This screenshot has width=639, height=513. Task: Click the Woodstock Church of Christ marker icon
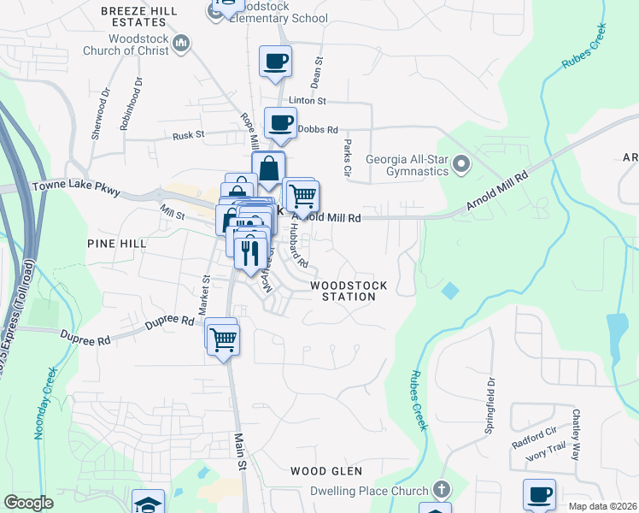[x=180, y=43]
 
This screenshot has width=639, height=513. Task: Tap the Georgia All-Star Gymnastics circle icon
[x=461, y=162]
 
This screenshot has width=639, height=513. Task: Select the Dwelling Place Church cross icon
[x=441, y=491]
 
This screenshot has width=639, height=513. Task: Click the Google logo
[x=28, y=503]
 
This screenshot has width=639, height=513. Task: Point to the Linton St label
[x=308, y=101]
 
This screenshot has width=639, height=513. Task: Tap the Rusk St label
[x=189, y=135]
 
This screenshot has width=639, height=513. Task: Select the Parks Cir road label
[x=348, y=157]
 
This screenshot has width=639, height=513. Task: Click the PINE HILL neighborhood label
[x=117, y=244]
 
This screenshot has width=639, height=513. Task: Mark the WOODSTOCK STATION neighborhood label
[x=349, y=291]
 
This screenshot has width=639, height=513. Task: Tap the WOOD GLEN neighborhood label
[x=326, y=471]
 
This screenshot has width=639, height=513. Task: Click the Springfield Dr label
[x=490, y=407]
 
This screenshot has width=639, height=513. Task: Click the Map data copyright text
[x=603, y=506]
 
